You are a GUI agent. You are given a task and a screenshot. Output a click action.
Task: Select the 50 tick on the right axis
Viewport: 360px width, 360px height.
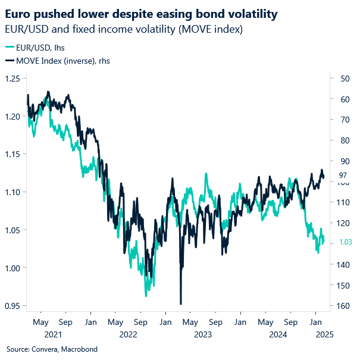pos(343,79)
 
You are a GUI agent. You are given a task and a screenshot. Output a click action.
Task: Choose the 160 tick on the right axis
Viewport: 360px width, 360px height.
pos(343,306)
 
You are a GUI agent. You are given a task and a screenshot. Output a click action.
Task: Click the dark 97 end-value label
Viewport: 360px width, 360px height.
pos(343,175)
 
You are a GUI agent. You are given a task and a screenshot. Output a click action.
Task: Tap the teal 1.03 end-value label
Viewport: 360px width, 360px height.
pos(345,242)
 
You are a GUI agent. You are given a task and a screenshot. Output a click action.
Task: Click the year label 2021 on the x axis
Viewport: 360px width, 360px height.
pos(40,334)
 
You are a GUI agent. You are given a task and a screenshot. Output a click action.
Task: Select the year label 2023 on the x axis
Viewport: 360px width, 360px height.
pos(190,334)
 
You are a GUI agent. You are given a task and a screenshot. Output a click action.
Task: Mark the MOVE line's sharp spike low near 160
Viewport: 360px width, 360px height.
pos(180,303)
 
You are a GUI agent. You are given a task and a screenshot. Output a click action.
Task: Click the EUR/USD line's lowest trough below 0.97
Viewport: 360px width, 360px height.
pos(145,295)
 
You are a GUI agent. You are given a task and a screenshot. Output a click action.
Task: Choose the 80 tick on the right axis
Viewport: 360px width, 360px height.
pos(343,140)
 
